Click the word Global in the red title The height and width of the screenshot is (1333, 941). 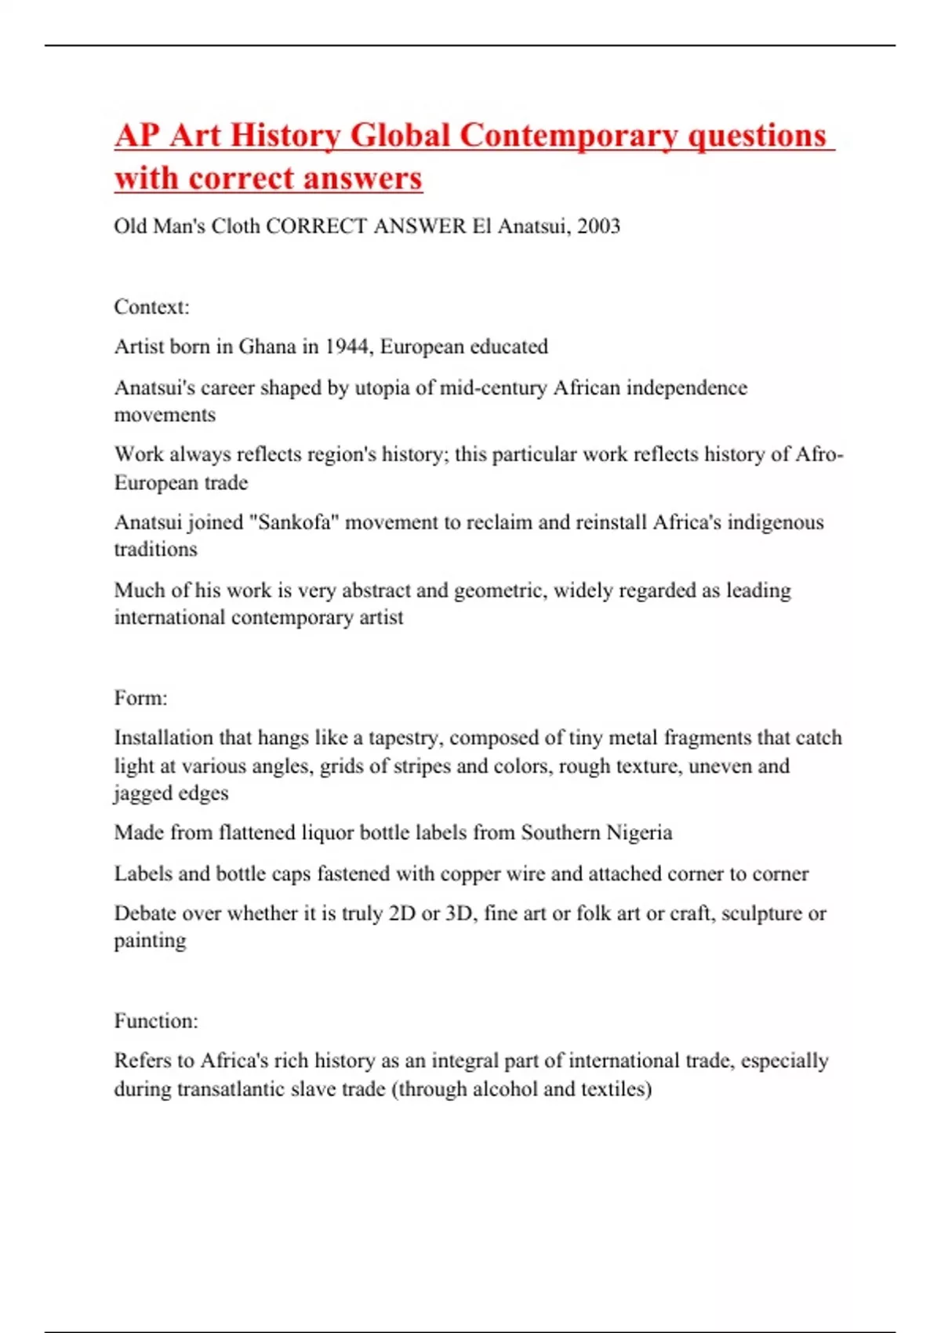tap(399, 135)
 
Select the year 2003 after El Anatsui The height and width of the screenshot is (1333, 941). tap(598, 227)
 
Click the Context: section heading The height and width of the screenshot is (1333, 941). tap(151, 307)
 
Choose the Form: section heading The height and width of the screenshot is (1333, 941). tap(140, 698)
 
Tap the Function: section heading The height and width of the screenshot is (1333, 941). tap(156, 1021)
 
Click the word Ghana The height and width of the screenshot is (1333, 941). tap(267, 347)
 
